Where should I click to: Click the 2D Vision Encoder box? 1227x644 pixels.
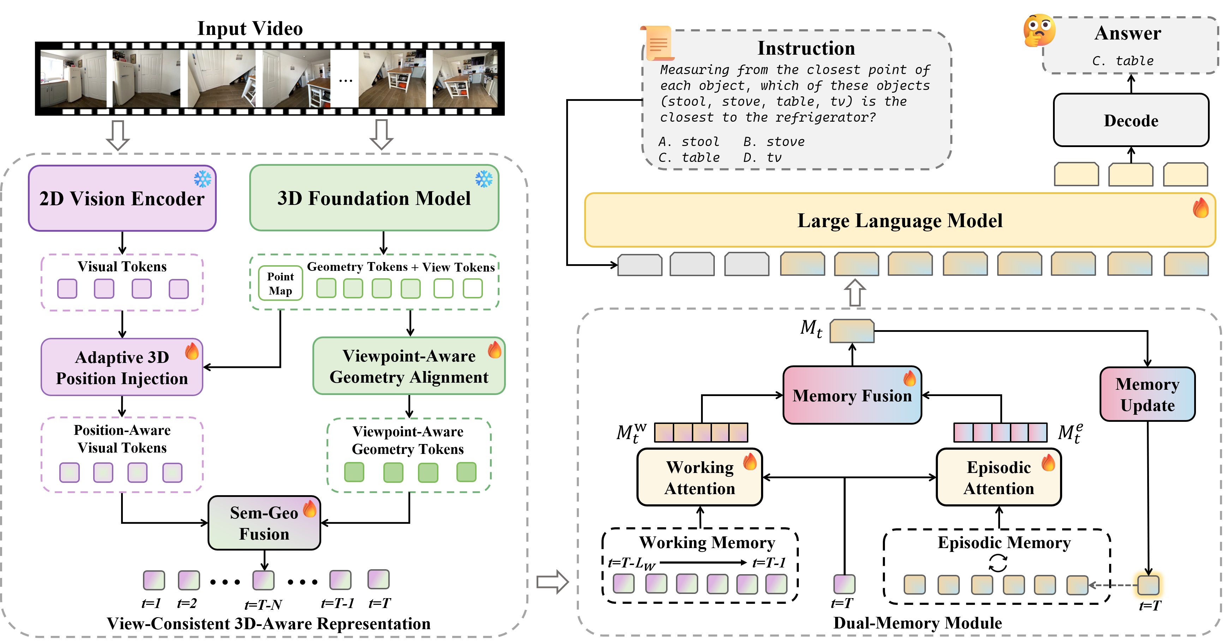[x=122, y=199]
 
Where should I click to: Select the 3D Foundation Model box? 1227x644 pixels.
[x=374, y=198]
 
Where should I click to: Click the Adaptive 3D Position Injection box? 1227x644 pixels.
[x=122, y=367]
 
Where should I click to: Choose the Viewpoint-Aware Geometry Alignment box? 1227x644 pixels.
[x=409, y=366]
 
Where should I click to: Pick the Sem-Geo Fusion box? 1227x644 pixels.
[x=264, y=523]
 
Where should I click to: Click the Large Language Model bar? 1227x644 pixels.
[x=900, y=220]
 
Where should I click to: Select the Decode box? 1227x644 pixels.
[x=1131, y=120]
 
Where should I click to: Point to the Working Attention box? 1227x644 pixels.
[x=699, y=478]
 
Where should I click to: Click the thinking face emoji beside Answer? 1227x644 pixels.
[x=1039, y=30]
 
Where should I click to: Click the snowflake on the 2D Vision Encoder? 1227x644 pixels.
[x=202, y=179]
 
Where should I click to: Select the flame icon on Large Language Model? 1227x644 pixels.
[x=1200, y=208]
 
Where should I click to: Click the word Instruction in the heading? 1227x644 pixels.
[x=806, y=48]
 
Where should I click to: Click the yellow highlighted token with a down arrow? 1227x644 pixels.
[x=1148, y=584]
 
